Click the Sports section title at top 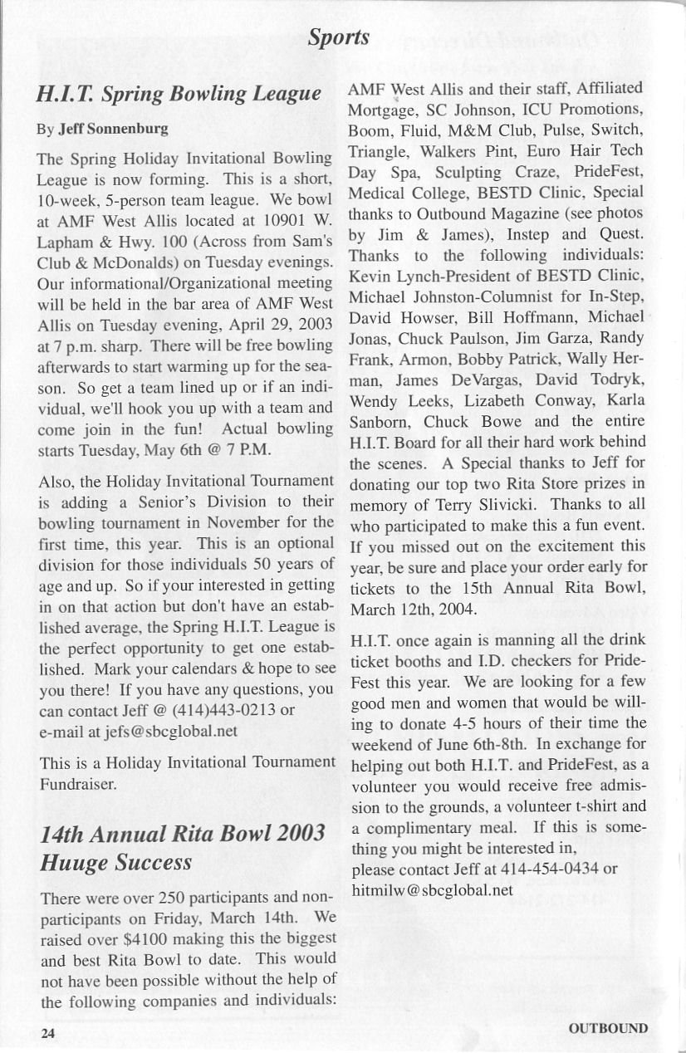[338, 37]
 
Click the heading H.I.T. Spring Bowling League [179, 93]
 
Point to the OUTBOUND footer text [608, 1028]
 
